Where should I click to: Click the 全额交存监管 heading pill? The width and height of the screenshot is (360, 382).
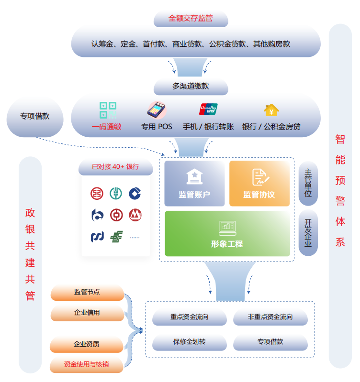click(191, 19)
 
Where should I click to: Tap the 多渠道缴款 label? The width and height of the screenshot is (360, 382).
click(191, 87)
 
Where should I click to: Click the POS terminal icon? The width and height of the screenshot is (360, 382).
click(156, 110)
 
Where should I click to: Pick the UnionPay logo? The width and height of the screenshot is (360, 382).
click(208, 109)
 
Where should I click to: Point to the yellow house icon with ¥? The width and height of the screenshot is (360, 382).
click(271, 110)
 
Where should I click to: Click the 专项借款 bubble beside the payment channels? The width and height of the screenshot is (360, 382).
click(34, 116)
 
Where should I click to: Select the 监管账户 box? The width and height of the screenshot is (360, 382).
click(194, 184)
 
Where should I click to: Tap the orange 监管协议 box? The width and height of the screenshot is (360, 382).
click(259, 184)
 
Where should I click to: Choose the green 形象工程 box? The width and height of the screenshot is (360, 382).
click(227, 233)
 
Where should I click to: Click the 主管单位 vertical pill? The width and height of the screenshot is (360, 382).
click(308, 183)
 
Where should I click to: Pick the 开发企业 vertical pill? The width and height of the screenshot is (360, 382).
click(308, 233)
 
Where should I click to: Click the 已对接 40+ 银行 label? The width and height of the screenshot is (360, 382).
click(115, 167)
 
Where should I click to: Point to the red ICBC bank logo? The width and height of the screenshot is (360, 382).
click(97, 193)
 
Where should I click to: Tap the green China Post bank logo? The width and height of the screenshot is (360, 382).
click(116, 236)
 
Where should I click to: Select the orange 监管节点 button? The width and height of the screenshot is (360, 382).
click(87, 292)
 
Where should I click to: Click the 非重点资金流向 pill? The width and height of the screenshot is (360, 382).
click(270, 317)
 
